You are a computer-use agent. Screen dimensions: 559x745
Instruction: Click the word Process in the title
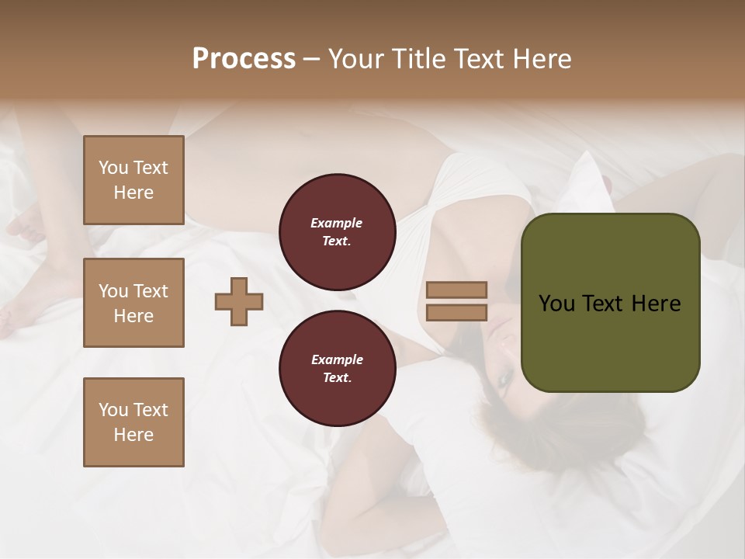(244, 59)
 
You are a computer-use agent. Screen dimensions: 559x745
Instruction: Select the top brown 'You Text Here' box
(133, 180)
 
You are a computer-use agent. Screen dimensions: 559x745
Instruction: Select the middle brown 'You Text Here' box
(133, 303)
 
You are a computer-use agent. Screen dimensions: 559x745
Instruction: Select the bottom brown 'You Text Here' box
(133, 422)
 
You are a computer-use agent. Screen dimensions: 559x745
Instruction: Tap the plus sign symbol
(239, 301)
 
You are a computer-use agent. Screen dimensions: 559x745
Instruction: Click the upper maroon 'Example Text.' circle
(337, 232)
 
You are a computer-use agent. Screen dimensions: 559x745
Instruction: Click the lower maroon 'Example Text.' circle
(337, 369)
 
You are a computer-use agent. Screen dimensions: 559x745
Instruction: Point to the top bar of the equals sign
(456, 290)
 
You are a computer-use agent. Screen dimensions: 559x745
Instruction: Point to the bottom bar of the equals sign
(456, 313)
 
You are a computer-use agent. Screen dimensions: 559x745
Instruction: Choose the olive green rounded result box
(610, 303)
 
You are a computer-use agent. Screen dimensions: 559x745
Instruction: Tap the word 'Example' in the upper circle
(337, 223)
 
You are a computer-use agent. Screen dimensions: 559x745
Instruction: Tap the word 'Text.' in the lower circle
(337, 378)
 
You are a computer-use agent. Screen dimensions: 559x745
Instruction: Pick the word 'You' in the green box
(557, 304)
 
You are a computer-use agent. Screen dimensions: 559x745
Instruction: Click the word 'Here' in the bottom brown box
(133, 435)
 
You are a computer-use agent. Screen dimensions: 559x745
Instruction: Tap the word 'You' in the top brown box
(113, 168)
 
